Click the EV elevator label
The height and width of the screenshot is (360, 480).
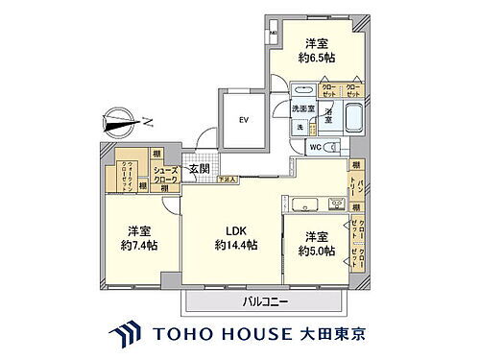243,120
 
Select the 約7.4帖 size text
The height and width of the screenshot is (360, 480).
138,245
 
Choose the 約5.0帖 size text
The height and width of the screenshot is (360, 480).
315,251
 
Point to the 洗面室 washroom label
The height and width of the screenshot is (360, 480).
304,109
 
